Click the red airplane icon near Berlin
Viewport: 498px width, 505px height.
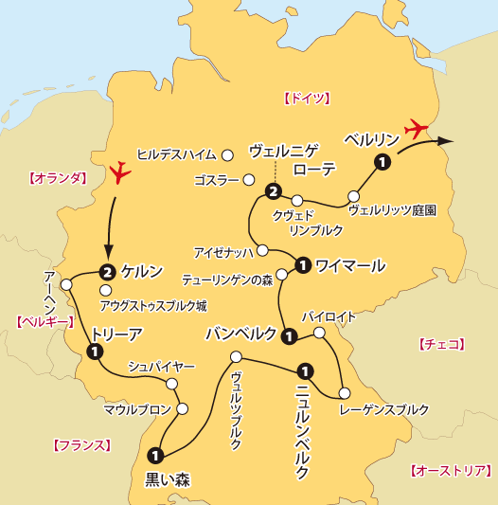pyautogui.click(x=416, y=127)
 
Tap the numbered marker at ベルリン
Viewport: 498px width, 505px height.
pyautogui.click(x=382, y=163)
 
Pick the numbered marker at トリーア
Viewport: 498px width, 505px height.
pyautogui.click(x=95, y=352)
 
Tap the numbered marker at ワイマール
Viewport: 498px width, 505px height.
pyautogui.click(x=302, y=264)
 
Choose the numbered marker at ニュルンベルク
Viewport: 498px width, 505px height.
pyautogui.click(x=304, y=370)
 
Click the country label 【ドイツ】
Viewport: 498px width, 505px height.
pyautogui.click(x=306, y=98)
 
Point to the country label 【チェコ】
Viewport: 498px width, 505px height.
pyautogui.click(x=440, y=345)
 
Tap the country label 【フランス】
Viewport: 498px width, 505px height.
pyautogui.click(x=82, y=444)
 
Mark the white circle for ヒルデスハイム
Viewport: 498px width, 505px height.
pyautogui.click(x=227, y=153)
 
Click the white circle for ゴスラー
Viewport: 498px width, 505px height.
pyautogui.click(x=249, y=179)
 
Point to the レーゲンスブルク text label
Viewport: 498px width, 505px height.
pyautogui.click(x=383, y=409)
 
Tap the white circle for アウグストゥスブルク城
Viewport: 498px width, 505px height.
pyautogui.click(x=105, y=290)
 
